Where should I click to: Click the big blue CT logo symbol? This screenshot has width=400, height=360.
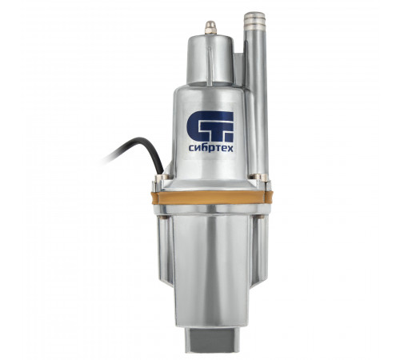coord(210,126)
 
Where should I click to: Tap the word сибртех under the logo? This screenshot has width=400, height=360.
coord(210,148)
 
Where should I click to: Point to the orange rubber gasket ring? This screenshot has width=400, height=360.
coord(211,198)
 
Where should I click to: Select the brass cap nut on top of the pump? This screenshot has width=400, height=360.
coord(210,27)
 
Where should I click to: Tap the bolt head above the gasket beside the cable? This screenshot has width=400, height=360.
coord(162,178)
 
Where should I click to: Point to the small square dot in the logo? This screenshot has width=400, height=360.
coord(230,138)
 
